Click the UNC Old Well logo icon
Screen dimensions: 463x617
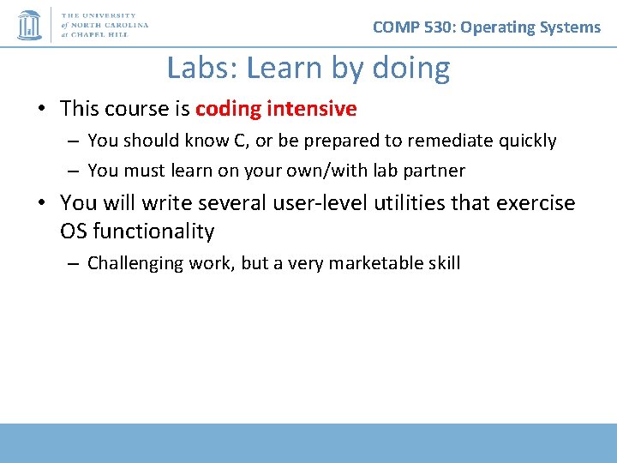[x=29, y=25]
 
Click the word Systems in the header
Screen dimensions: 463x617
[x=569, y=27]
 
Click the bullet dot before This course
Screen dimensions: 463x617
[x=41, y=109]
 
